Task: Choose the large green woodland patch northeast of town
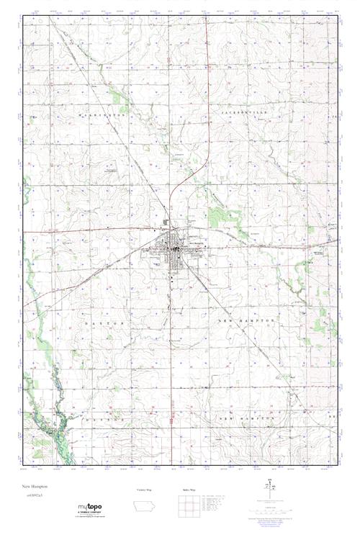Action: (217, 216)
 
